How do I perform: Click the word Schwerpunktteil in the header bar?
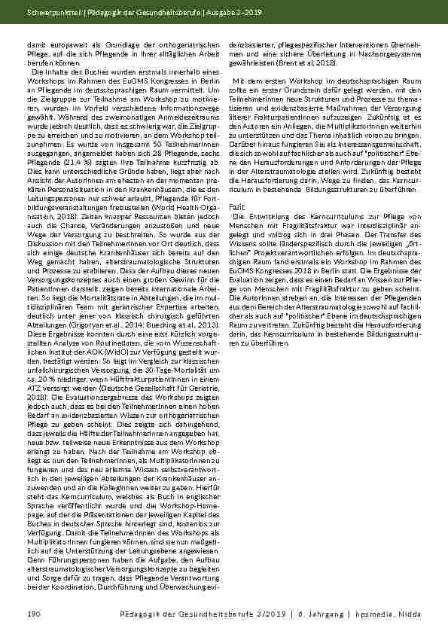tap(52, 12)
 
